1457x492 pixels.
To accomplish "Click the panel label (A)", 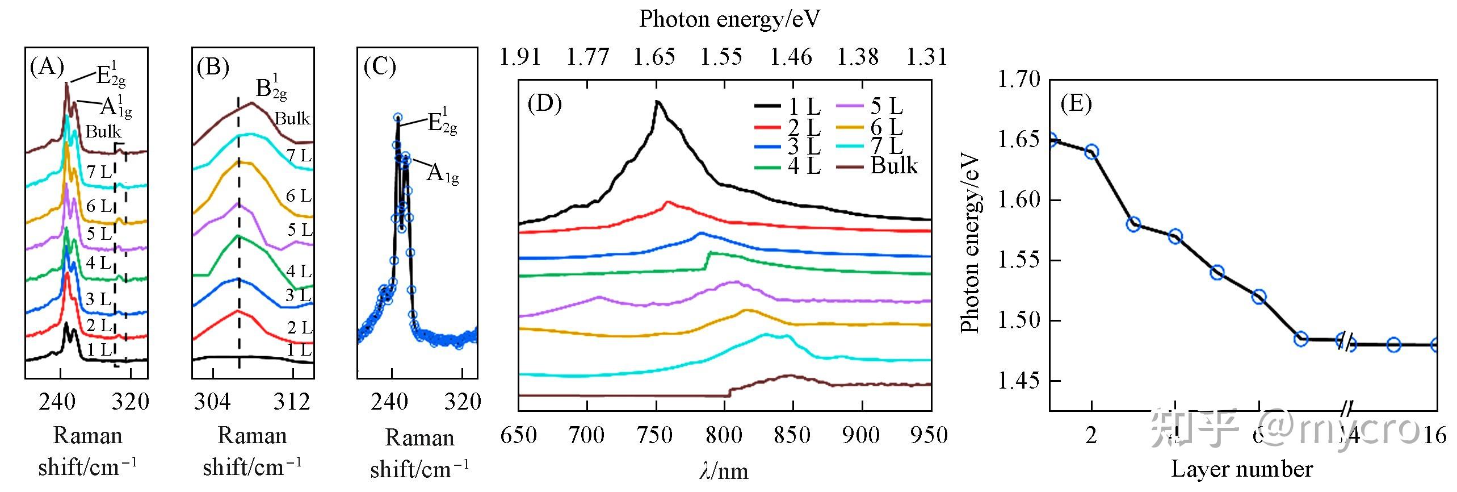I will pyautogui.click(x=47, y=67).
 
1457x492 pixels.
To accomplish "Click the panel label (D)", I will pyautogui.click(x=544, y=103).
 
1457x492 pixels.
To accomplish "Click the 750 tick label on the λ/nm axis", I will pyautogui.click(x=656, y=435).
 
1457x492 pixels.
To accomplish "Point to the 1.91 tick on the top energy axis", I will pyautogui.click(x=519, y=57).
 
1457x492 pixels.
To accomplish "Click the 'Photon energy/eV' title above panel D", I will pyautogui.click(x=729, y=19).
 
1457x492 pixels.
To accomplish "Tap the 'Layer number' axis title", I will pyautogui.click(x=1242, y=469).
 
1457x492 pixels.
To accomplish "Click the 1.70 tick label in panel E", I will pyautogui.click(x=1019, y=79).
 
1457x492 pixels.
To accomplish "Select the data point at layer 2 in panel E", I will pyautogui.click(x=1091, y=152).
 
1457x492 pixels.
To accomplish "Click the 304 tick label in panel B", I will pyautogui.click(x=212, y=402).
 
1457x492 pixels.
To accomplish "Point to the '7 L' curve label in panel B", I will pyautogui.click(x=299, y=155).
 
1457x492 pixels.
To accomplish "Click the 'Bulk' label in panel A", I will pyautogui.click(x=103, y=132).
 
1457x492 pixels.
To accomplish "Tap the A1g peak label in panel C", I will pyautogui.click(x=442, y=173).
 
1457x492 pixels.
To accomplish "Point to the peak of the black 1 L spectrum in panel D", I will pyautogui.click(x=657, y=102).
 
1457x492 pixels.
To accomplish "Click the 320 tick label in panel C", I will pyautogui.click(x=463, y=402).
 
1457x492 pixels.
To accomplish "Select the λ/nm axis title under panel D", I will pyautogui.click(x=724, y=471).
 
